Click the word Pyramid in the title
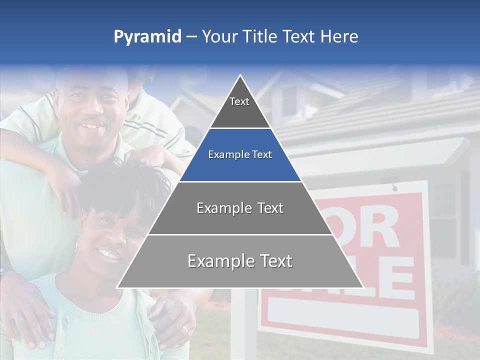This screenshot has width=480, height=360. [x=147, y=37]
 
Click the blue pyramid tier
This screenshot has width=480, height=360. [x=240, y=155]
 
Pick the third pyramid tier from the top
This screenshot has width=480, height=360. [x=240, y=208]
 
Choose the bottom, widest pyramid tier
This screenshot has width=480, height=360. [x=240, y=261]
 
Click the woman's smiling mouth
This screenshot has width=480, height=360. [x=109, y=254]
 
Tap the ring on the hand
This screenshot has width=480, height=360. [x=184, y=329]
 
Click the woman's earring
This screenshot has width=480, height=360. [x=76, y=245]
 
